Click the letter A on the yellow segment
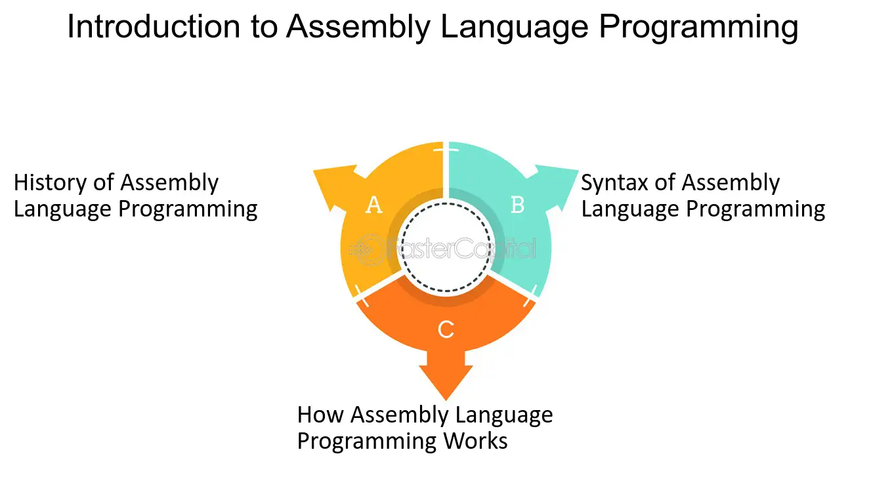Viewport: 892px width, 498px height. [374, 205]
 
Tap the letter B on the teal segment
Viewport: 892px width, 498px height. [517, 205]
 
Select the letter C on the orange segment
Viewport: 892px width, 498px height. [446, 329]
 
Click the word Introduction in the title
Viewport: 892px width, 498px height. [154, 27]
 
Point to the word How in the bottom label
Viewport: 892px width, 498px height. [320, 415]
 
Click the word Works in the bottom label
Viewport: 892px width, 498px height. [475, 441]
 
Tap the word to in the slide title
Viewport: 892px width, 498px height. [264, 28]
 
